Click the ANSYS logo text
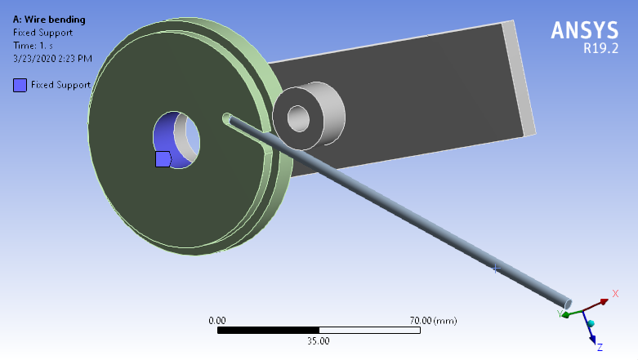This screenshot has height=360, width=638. [584, 30]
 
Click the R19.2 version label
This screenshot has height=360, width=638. [600, 48]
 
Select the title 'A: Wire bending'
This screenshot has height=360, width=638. [50, 20]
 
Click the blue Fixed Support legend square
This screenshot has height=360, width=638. [20, 84]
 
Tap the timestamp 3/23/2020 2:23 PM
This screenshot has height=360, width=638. [52, 59]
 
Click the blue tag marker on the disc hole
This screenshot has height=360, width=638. [163, 158]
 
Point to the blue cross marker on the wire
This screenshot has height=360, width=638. [495, 268]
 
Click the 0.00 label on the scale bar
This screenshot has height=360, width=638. [217, 321]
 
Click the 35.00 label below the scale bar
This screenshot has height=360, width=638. [319, 340]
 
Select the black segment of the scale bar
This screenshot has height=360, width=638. [268, 331]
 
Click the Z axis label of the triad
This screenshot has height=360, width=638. [600, 348]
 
